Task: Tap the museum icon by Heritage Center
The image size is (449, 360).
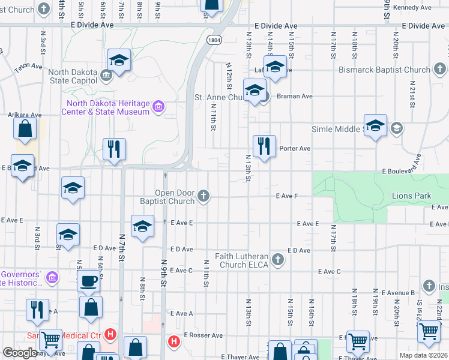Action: [158, 107]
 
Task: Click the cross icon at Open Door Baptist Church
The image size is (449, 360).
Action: [204, 196]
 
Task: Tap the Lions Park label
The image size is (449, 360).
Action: [411, 196]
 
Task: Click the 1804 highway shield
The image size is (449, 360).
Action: [214, 39]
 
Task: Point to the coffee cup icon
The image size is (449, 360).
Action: [88, 281]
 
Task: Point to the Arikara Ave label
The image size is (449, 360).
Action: [24, 115]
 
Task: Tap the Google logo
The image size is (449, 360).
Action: [20, 353]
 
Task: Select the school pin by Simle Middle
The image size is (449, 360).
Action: [375, 125]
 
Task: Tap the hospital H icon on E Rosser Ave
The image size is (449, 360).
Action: [173, 341]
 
